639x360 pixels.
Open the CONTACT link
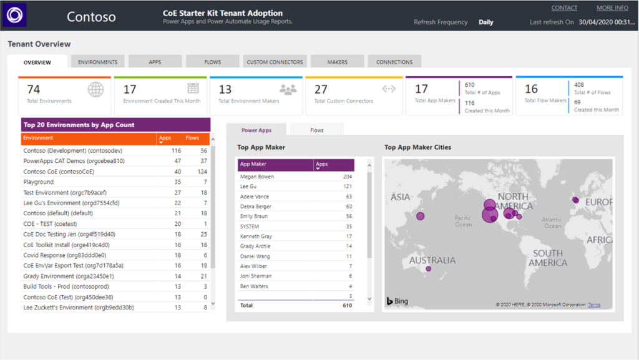564,8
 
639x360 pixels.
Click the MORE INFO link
612,8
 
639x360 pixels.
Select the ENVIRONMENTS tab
98,62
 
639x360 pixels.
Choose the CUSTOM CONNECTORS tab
275,62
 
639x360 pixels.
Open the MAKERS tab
338,62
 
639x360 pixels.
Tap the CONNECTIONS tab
394,62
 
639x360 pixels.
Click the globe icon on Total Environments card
95,90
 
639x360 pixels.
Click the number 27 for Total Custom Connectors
321,89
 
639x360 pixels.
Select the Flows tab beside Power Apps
317,130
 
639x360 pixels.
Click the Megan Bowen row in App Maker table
256,177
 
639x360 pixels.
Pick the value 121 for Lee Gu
347,187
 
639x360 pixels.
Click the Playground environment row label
39,182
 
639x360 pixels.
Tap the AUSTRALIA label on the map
432,260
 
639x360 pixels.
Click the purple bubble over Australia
428,270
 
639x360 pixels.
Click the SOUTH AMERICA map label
547,258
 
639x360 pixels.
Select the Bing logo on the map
397,301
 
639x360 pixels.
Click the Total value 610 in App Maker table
346,306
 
